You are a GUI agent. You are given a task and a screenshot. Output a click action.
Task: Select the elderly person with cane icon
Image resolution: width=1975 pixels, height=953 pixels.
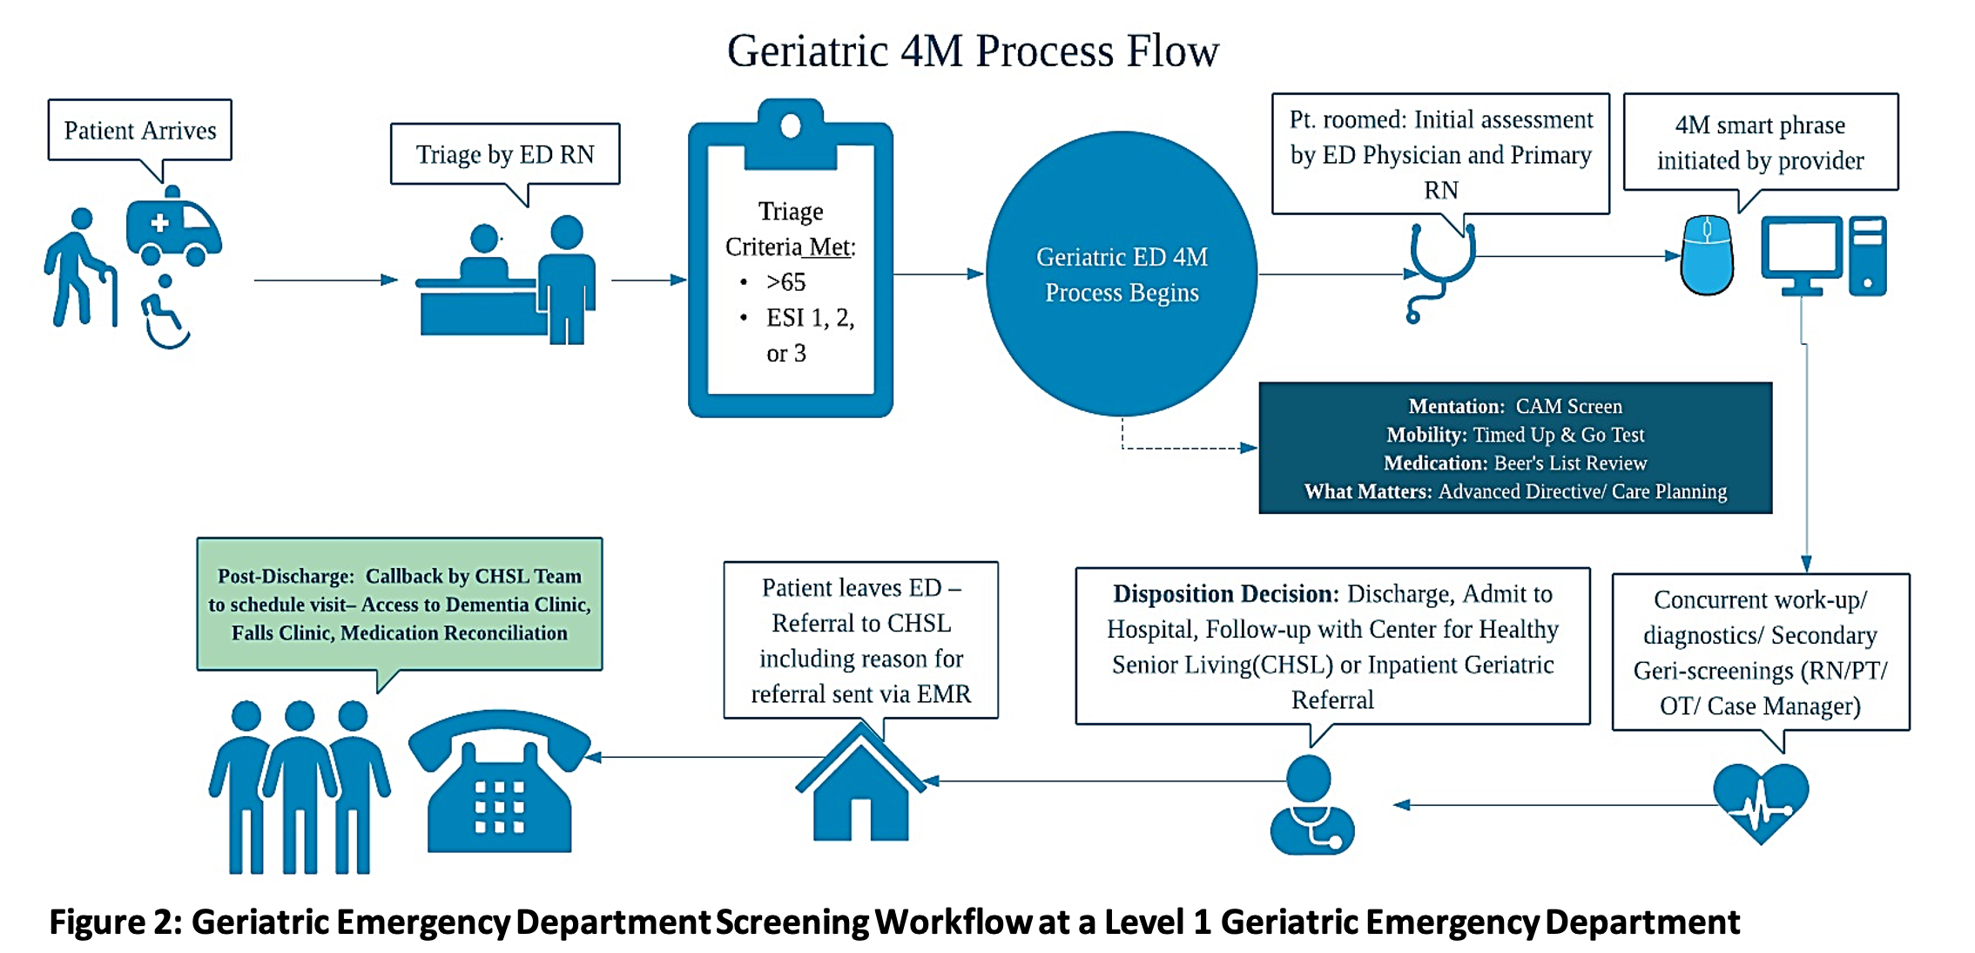(80, 267)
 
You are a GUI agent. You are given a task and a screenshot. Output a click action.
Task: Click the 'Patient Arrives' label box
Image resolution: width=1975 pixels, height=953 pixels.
(140, 130)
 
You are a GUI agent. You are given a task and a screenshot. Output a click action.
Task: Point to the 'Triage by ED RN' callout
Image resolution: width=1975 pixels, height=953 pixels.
(505, 154)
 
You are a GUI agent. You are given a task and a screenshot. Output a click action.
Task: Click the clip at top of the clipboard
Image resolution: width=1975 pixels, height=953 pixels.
(791, 132)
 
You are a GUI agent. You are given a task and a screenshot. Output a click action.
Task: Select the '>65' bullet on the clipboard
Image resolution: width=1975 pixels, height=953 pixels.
(785, 282)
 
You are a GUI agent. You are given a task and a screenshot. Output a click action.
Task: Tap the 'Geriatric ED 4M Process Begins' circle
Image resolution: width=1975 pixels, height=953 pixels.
(1122, 274)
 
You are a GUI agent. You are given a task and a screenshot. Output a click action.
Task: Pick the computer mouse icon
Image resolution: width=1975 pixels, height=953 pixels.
(1707, 256)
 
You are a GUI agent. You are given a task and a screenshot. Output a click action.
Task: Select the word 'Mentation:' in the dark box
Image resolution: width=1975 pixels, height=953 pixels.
(1456, 406)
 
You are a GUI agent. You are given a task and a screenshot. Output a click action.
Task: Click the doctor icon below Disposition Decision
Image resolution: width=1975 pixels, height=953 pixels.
(1311, 805)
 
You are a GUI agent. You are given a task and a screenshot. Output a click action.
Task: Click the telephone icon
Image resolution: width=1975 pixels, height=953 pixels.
(500, 781)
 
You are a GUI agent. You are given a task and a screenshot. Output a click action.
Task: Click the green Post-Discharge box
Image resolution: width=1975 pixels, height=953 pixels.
(400, 604)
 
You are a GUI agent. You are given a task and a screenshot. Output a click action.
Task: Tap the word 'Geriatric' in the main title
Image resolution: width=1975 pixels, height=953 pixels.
(807, 51)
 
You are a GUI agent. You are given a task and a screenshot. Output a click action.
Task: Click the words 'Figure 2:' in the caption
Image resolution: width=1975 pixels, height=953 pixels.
(115, 922)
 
